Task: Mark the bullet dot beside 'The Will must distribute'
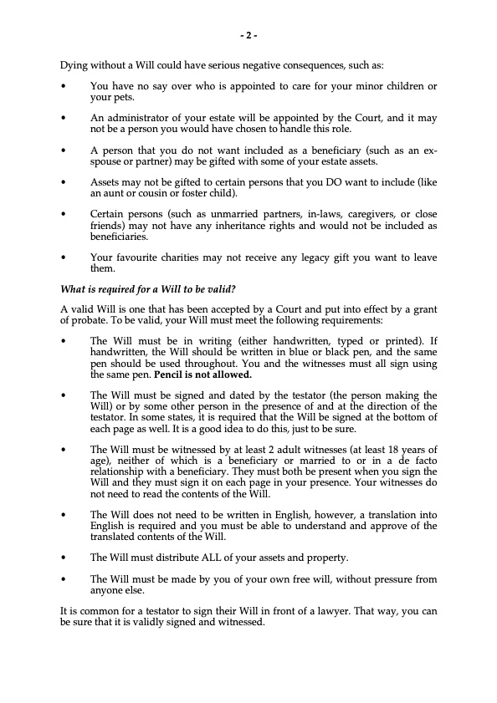coord(64,558)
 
